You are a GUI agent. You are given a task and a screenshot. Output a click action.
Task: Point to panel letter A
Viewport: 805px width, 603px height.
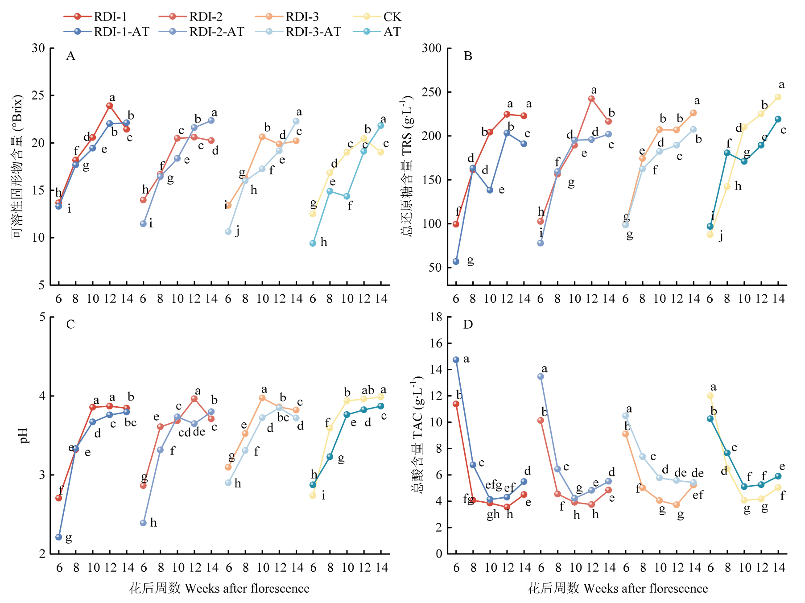click(70, 56)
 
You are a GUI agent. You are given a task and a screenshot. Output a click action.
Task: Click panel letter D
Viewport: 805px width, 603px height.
click(468, 325)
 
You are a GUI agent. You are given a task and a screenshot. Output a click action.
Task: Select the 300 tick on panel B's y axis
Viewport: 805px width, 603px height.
click(432, 48)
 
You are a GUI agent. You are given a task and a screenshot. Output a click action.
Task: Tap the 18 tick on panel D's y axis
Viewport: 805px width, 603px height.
click(436, 317)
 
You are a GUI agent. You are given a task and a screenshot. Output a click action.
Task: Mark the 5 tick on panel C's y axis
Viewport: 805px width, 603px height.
click(42, 317)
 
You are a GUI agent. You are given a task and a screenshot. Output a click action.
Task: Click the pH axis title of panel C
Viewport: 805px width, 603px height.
click(24, 435)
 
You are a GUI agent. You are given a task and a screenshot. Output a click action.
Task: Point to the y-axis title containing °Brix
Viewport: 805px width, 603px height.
click(17, 166)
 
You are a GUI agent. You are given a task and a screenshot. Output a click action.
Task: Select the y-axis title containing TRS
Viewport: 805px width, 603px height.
click(408, 166)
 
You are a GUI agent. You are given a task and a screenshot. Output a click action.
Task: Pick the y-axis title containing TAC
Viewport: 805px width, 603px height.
click(417, 434)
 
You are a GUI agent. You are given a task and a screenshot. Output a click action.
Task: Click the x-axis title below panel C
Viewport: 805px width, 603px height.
click(219, 589)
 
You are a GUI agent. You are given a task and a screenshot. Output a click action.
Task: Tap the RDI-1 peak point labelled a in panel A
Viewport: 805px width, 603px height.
click(110, 106)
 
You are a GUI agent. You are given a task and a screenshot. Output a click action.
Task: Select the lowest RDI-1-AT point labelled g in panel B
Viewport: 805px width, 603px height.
click(456, 261)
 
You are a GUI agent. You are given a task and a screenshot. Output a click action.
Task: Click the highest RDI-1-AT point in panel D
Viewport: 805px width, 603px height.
click(456, 359)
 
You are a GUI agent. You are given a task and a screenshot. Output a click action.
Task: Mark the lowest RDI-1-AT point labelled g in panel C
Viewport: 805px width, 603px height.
click(59, 537)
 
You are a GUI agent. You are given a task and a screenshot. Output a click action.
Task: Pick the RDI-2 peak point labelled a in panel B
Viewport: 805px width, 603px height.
click(591, 99)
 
